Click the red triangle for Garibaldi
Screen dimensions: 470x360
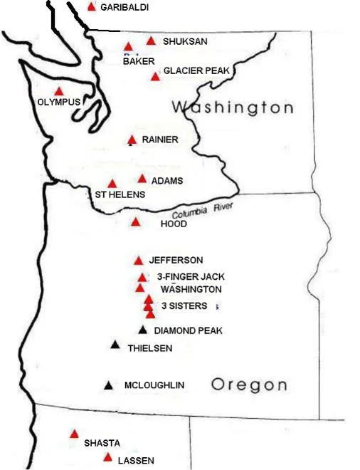pos(91,7)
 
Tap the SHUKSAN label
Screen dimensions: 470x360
pos(185,41)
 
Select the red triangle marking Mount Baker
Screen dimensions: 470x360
pos(129,47)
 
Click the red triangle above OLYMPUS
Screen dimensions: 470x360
pos(59,91)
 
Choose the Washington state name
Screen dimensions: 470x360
pos(233,108)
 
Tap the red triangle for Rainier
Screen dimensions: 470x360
pos(132,140)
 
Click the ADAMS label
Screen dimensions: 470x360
pos(167,181)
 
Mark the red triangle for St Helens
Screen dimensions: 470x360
pos(112,184)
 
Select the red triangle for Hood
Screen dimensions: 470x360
pos(136,222)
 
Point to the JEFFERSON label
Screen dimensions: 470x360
pos(176,260)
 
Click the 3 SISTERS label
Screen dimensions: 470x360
pos(184,305)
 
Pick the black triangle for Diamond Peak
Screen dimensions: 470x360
pos(143,330)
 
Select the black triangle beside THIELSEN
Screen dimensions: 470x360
pos(115,345)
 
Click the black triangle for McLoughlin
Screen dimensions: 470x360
pos(108,386)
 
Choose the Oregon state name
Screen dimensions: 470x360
pos(249,385)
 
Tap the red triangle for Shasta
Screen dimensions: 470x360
pos(74,434)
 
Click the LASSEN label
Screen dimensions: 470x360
pos(137,461)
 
